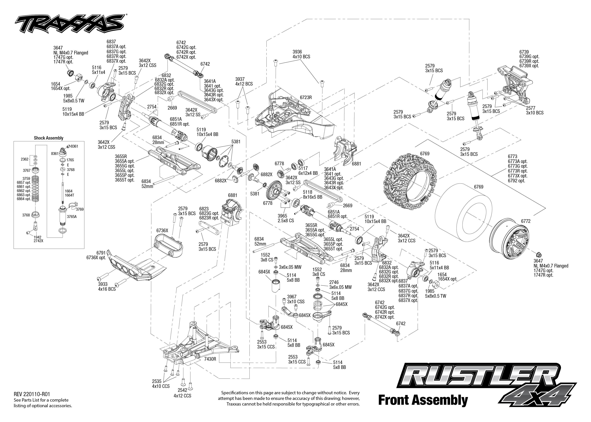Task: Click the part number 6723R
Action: coord(306,98)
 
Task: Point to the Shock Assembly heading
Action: coord(49,138)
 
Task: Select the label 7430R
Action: coord(210,359)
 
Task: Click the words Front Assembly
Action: coord(423,400)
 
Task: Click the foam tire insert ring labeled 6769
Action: coord(465,216)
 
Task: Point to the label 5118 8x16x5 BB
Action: coord(312,194)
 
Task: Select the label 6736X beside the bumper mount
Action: coord(162,231)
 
